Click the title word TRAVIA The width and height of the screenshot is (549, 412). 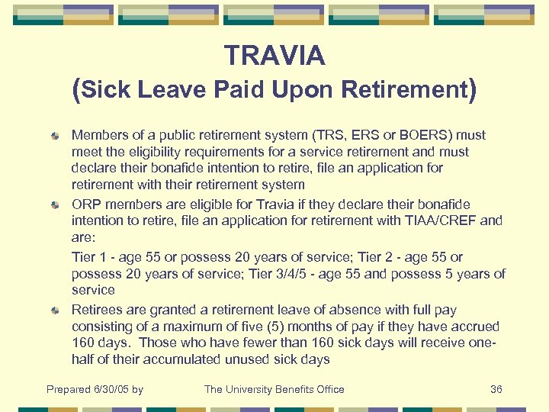[x=274, y=56]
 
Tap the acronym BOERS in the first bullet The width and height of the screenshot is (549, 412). [x=440, y=135]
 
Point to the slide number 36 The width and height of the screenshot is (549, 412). [x=496, y=390]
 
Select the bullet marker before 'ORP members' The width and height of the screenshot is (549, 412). [x=56, y=205]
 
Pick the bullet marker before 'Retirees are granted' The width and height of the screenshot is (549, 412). [x=56, y=311]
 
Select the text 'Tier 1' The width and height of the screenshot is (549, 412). [x=88, y=257]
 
